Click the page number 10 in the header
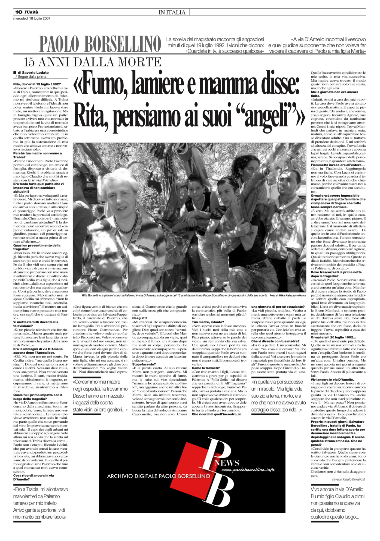pyautogui.click(x=19, y=12)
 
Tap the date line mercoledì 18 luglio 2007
pyautogui.click(x=32, y=18)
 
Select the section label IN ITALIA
pyautogui.click(x=172, y=13)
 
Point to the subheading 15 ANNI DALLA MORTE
pyautogui.click(x=92, y=62)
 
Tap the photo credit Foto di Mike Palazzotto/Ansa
pyautogui.click(x=288, y=295)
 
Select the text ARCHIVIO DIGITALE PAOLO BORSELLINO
pyautogui.click(x=159, y=484)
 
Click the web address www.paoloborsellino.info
pyautogui.click(x=248, y=478)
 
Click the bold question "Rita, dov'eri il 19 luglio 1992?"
pyautogui.click(x=37, y=84)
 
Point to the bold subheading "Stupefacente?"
pyautogui.click(x=144, y=364)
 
